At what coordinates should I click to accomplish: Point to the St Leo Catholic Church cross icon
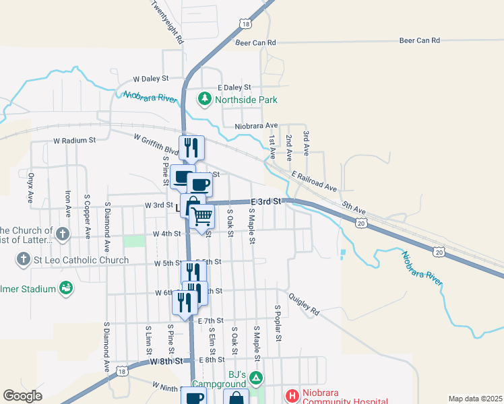click(23, 259)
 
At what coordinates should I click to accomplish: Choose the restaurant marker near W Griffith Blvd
click(191, 147)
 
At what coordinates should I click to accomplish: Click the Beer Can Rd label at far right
click(419, 40)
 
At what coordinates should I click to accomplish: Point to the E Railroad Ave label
click(314, 180)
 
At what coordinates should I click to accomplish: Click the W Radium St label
click(75, 141)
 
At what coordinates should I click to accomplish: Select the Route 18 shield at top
click(244, 24)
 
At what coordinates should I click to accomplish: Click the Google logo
click(23, 396)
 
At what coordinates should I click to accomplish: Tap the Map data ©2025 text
click(475, 399)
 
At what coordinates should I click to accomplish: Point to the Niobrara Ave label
click(256, 126)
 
